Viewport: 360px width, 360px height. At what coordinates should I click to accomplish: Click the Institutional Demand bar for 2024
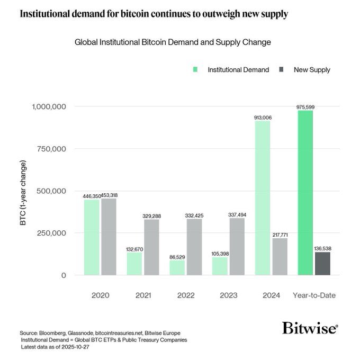(x=262, y=199)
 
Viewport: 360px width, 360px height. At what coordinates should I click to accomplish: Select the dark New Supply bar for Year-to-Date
(x=322, y=264)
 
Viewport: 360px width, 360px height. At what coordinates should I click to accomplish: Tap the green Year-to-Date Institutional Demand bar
(x=305, y=193)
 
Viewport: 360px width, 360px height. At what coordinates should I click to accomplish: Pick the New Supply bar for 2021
(x=151, y=247)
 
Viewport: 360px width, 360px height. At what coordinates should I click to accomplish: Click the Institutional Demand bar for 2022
(x=177, y=268)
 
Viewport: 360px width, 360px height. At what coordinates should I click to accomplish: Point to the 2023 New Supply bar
(x=237, y=247)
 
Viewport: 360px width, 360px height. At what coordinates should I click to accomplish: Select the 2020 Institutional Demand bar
(x=91, y=237)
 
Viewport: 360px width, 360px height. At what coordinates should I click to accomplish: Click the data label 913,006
(x=262, y=118)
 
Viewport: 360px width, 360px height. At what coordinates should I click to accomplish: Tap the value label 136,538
(x=322, y=248)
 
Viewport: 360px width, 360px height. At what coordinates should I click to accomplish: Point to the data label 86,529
(x=177, y=256)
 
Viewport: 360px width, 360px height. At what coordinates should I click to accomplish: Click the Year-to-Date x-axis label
(x=314, y=295)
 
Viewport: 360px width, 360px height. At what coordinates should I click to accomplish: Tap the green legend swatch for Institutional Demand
(x=195, y=69)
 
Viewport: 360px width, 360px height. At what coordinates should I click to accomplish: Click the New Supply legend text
(x=312, y=69)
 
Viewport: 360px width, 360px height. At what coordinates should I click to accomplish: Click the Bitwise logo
(x=309, y=328)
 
